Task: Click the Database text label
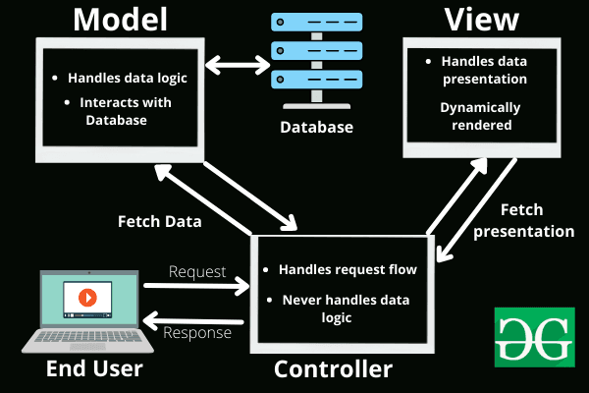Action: click(317, 128)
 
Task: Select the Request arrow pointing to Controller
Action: click(196, 287)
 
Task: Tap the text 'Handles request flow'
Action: click(343, 268)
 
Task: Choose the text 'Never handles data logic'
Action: click(343, 309)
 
